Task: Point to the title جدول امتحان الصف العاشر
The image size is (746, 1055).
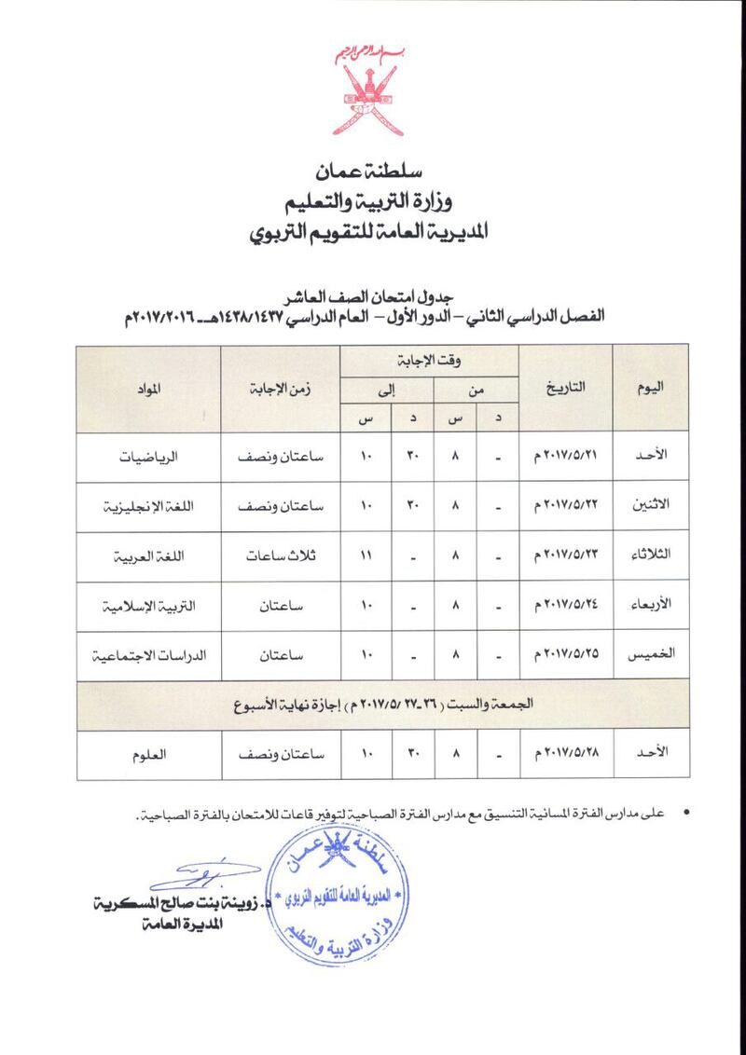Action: [x=373, y=295]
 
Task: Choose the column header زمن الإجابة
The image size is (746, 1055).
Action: [x=280, y=387]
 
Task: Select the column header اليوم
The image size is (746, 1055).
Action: [x=650, y=387]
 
